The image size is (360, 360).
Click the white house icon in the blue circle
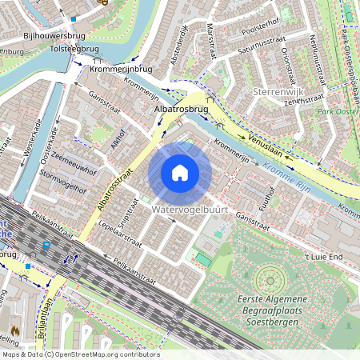pyautogui.click(x=180, y=173)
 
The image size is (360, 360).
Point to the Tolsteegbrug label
pyautogui.click(x=73, y=49)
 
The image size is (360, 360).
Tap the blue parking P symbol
pyautogui.click(x=46, y=246)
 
